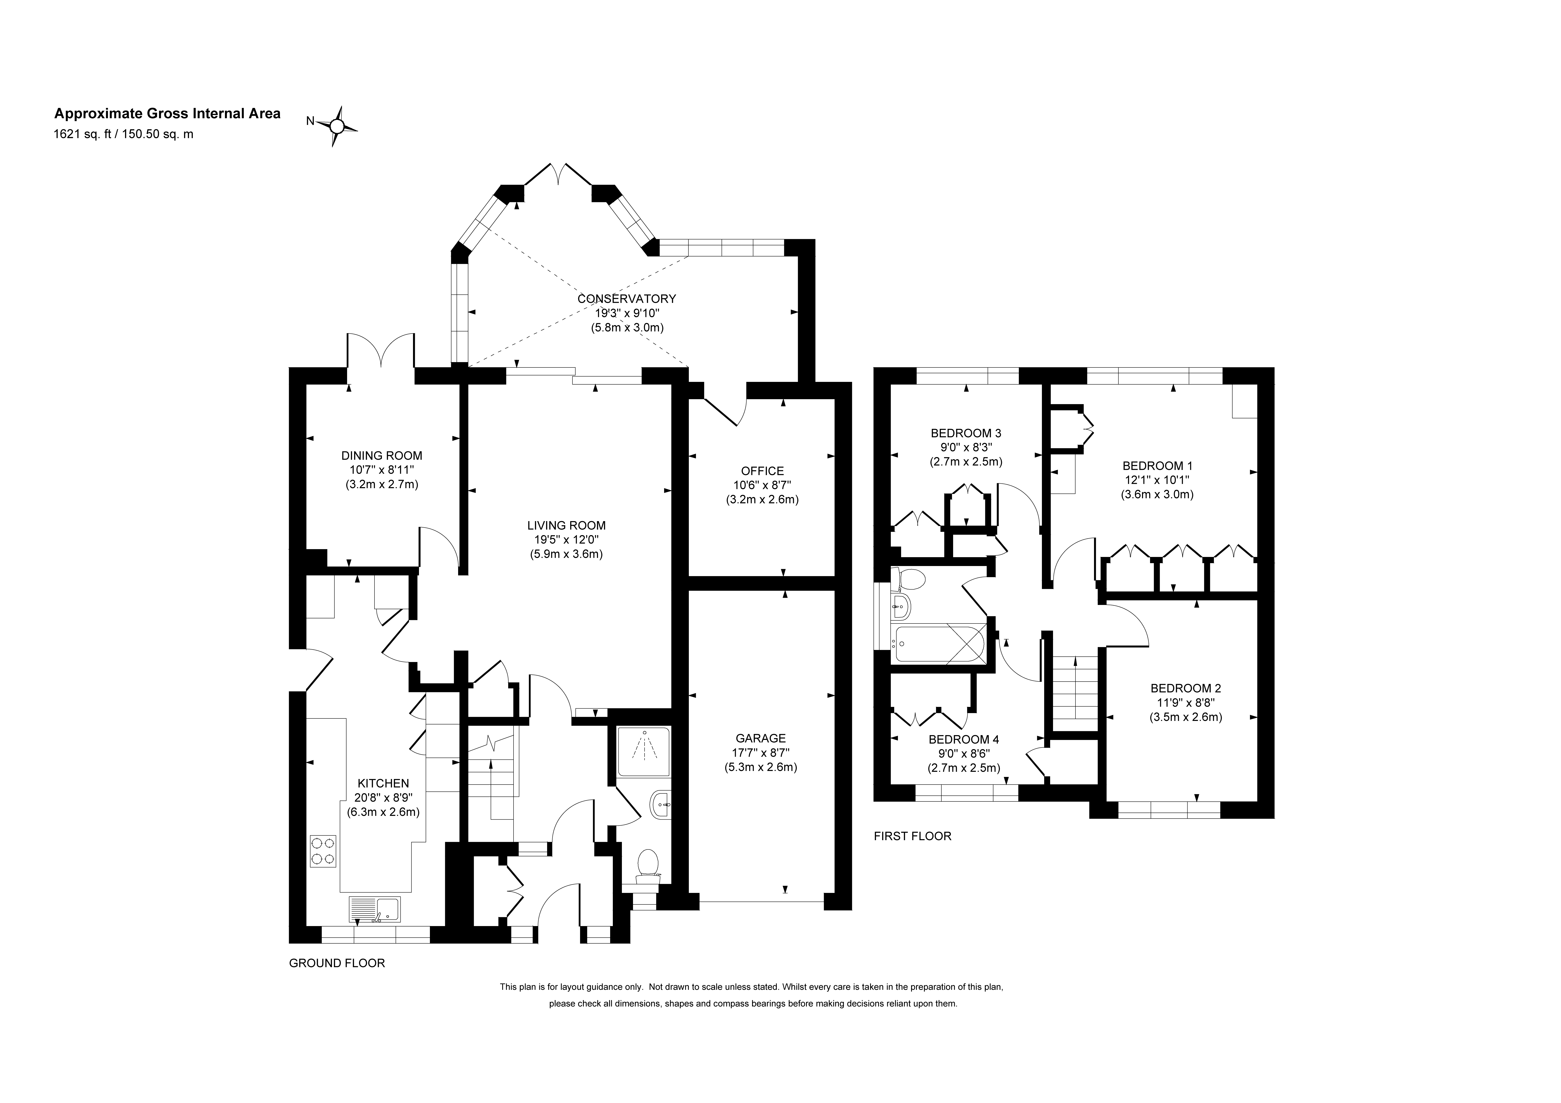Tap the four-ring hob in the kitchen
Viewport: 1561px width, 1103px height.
click(x=323, y=851)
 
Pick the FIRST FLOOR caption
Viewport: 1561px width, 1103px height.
click(x=912, y=836)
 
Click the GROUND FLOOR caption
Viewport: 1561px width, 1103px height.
click(x=337, y=964)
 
